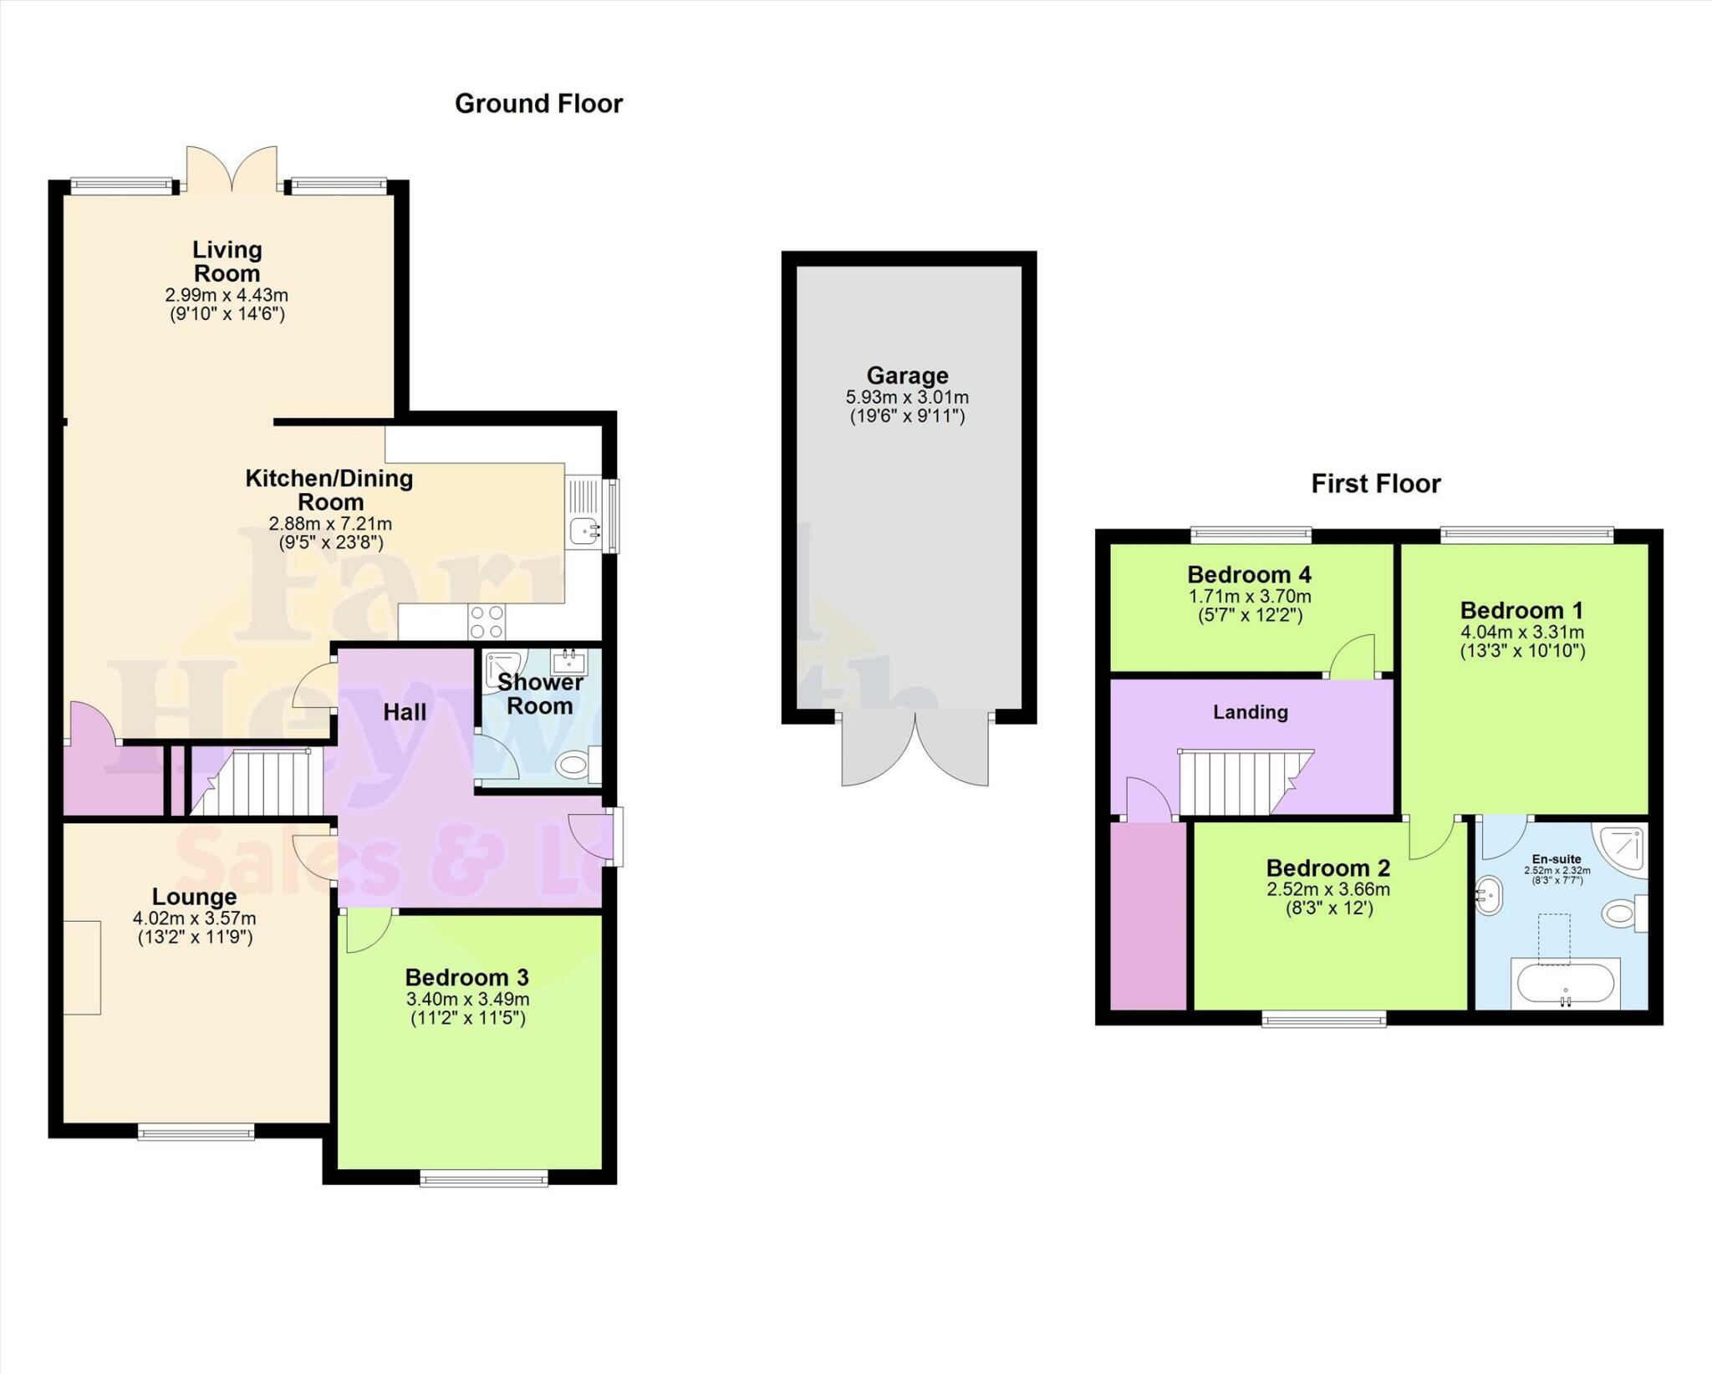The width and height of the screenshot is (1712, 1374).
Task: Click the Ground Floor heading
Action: [x=538, y=104]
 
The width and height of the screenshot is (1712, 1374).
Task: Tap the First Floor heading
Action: [x=1375, y=484]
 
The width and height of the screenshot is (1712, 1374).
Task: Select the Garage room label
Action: [x=907, y=375]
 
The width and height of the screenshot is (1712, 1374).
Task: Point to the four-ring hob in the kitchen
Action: [x=487, y=622]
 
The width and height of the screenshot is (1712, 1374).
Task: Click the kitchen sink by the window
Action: [x=583, y=529]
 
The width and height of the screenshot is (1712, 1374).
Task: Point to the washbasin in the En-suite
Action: [x=1490, y=897]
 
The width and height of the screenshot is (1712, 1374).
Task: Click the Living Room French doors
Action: [x=232, y=170]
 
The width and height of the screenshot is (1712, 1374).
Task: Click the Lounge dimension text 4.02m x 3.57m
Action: [x=194, y=919]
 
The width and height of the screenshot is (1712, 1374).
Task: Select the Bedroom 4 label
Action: [x=1249, y=575]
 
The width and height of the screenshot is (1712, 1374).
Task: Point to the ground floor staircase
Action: [x=259, y=783]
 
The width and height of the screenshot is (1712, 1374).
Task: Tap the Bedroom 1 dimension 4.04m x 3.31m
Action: [x=1521, y=633]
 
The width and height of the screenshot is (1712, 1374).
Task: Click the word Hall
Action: [x=405, y=712]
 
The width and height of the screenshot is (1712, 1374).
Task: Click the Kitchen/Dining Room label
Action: [x=329, y=490]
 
